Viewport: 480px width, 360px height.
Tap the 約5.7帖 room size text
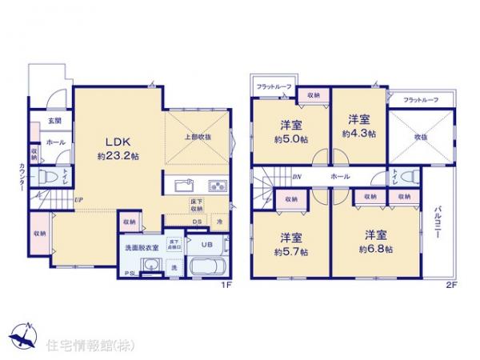pos(290,249)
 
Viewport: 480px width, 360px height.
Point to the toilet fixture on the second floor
pos(408,177)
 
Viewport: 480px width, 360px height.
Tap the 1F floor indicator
pos(226,282)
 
